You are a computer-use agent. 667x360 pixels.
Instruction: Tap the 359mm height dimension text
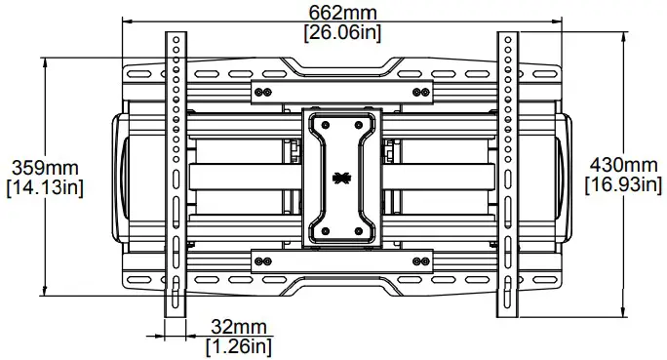[x=42, y=168]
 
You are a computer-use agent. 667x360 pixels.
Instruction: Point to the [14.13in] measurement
[x=44, y=187]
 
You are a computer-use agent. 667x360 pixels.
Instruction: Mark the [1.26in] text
[x=238, y=345]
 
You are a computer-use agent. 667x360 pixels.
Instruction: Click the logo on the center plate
[x=340, y=179]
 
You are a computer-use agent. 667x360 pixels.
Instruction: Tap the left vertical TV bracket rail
[x=174, y=176]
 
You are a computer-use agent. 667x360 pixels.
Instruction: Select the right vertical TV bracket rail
[x=508, y=176]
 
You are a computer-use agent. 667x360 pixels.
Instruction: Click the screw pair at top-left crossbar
[x=259, y=93]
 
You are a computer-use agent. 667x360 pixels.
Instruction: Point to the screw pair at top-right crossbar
[x=420, y=93]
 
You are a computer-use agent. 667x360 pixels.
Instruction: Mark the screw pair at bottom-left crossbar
[x=259, y=261]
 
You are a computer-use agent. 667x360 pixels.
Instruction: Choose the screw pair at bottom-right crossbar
[x=420, y=261]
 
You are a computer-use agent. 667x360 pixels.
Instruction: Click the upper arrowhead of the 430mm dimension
[x=622, y=36]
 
